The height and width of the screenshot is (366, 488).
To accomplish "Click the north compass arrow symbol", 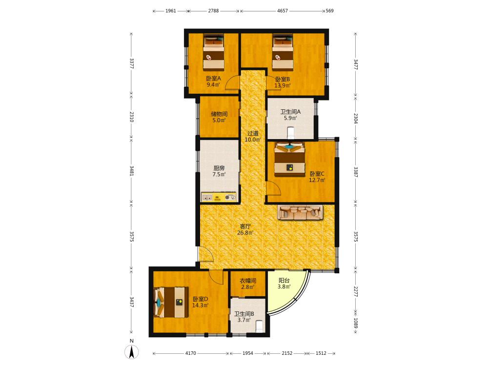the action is tap(132, 352).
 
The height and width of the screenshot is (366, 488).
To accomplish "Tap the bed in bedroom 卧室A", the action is tap(214, 52).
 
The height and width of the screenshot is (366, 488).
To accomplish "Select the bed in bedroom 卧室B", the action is tap(283, 52).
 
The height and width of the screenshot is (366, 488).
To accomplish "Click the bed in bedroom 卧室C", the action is tap(289, 159).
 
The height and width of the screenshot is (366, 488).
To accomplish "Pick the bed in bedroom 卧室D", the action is tap(171, 302).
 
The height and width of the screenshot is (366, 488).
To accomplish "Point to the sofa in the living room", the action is tap(300, 212).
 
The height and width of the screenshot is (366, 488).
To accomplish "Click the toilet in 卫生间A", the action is tap(291, 133).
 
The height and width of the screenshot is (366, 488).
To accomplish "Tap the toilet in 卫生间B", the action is tap(259, 326).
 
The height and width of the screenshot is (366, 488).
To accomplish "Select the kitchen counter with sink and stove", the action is tap(219, 197).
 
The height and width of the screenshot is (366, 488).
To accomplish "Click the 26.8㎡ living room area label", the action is tap(245, 233).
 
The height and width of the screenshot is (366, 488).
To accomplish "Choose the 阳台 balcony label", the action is tap(284, 281).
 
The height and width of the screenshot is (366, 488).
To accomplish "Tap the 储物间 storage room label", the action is tap(219, 114).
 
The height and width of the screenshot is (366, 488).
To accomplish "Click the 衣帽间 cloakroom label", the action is tap(248, 281).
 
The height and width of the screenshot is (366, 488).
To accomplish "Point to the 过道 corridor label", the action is tap(253, 133).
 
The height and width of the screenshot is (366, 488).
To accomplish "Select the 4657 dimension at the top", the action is tap(283, 11).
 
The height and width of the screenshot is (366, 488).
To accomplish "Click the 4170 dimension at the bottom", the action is tap(191, 353).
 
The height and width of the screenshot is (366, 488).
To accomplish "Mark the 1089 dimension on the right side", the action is tap(356, 323).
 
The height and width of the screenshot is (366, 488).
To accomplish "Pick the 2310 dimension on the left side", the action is tap(132, 117).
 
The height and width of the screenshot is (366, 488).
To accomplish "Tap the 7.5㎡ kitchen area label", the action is tap(219, 174).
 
